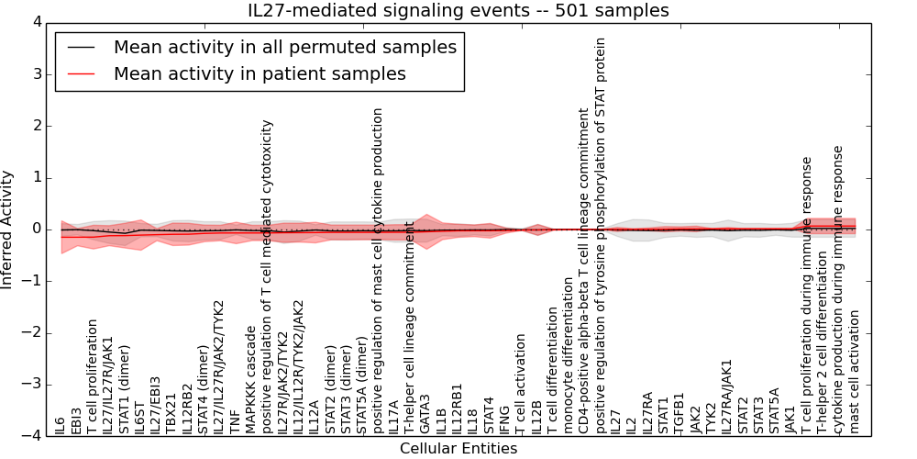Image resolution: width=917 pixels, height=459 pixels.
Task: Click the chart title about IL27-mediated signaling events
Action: pyautogui.click(x=458, y=11)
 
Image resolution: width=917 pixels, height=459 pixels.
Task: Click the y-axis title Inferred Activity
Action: pyautogui.click(x=8, y=229)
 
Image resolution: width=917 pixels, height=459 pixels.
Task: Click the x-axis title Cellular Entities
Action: pyautogui.click(x=458, y=449)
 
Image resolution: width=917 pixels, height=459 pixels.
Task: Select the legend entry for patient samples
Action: pyautogui.click(x=260, y=73)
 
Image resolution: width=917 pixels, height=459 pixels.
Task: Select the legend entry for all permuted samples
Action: pyautogui.click(x=284, y=47)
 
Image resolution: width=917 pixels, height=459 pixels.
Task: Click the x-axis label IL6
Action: pyautogui.click(x=61, y=425)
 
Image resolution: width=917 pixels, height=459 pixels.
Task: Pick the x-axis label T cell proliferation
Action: pyautogui.click(x=93, y=376)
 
